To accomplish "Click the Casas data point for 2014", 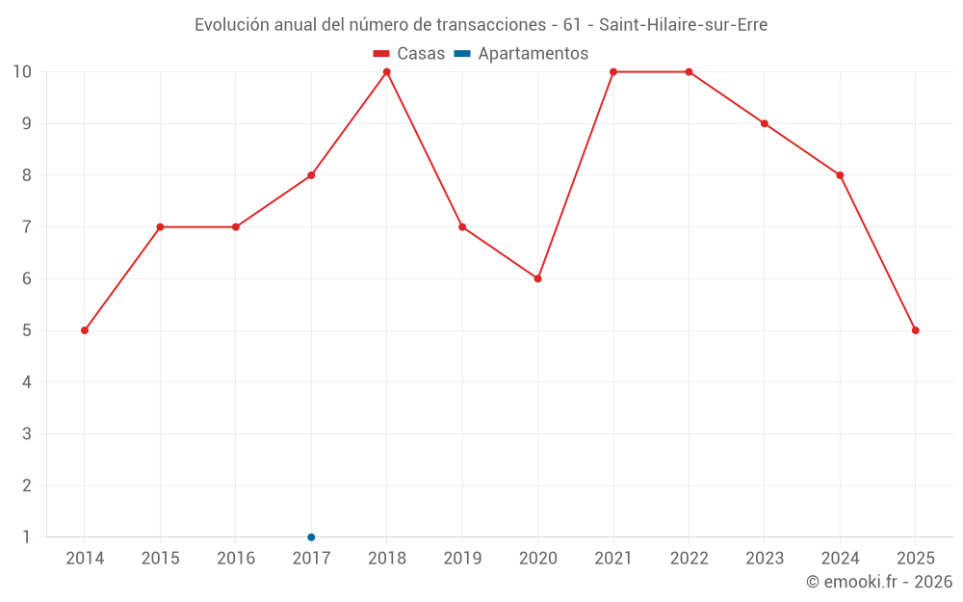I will [x=85, y=330].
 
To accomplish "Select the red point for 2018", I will [x=387, y=71].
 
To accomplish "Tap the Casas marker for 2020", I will [x=537, y=278].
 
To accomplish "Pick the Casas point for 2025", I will [x=915, y=330].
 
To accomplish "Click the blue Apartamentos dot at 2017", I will [x=311, y=537].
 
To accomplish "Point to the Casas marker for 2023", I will [x=765, y=123].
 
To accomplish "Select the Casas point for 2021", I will [x=613, y=71].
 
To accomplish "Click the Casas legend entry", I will [x=409, y=54].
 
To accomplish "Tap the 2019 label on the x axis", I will [x=462, y=559].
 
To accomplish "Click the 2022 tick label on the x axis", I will [x=689, y=559].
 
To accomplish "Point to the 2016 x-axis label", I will [x=236, y=559].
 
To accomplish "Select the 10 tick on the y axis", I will [x=22, y=71].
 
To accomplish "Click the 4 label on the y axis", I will [x=27, y=382].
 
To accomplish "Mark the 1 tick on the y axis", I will [x=27, y=537].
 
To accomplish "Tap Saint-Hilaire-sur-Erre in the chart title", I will [x=684, y=25].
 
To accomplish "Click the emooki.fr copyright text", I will [x=879, y=582].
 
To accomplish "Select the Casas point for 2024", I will [x=840, y=175].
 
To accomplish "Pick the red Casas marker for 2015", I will [x=160, y=227].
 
